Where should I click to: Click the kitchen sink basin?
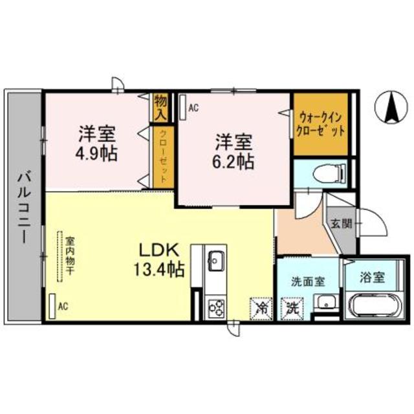[215, 262]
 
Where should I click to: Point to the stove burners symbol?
[215, 307]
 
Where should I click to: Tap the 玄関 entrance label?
[341, 224]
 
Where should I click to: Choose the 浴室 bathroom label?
[372, 277]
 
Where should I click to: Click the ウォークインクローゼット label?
[320, 124]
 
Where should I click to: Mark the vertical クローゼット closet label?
[162, 155]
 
